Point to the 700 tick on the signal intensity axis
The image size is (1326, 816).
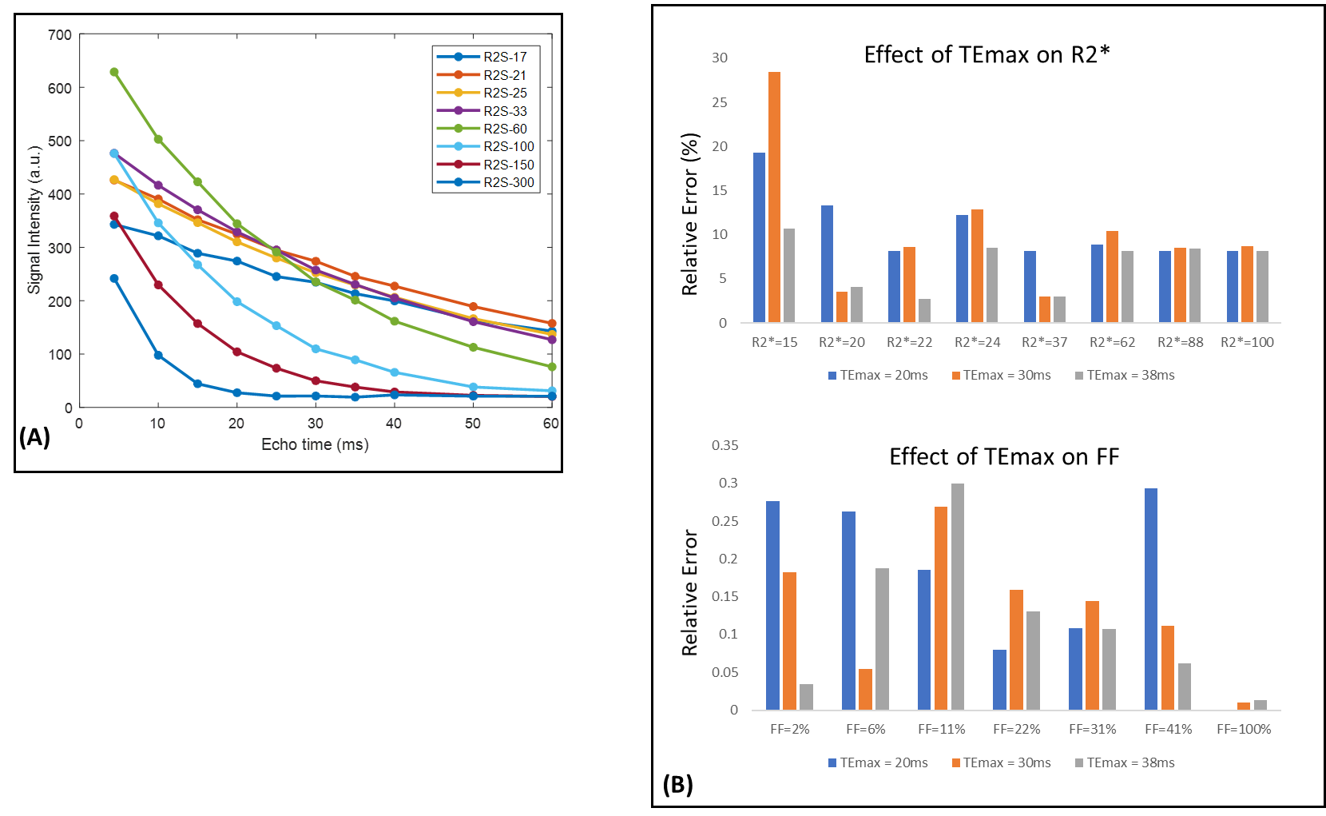click(60, 35)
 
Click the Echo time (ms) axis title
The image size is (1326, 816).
click(315, 444)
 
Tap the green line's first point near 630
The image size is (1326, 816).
click(114, 72)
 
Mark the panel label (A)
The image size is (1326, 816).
click(34, 436)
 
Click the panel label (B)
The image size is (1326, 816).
click(677, 784)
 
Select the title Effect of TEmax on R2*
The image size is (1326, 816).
click(987, 54)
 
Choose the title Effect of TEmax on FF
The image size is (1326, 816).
click(1004, 456)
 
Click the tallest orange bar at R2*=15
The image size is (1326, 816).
click(774, 197)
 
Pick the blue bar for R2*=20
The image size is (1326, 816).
click(827, 264)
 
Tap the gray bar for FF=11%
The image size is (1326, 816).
click(957, 596)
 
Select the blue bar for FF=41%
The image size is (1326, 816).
click(1151, 599)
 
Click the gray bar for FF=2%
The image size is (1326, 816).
click(806, 696)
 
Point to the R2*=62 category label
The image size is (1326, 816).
click(1112, 342)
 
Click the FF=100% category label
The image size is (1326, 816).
click(1244, 729)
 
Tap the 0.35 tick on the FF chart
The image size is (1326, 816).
click(725, 445)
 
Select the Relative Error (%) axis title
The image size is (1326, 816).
click(689, 214)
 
